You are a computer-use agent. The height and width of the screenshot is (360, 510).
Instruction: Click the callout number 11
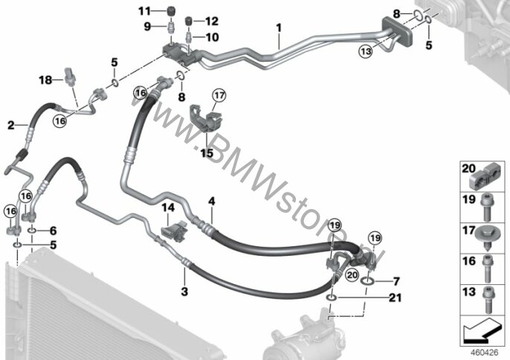[144, 11]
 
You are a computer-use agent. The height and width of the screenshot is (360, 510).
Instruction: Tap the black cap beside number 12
[188, 21]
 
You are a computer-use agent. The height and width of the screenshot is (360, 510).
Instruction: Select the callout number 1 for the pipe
[279, 28]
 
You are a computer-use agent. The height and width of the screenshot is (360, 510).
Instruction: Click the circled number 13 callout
[366, 51]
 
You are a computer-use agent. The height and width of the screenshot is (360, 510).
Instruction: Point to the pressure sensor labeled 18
[70, 76]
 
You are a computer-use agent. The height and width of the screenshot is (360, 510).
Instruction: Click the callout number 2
[11, 125]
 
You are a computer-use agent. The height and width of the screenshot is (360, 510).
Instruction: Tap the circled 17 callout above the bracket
[219, 96]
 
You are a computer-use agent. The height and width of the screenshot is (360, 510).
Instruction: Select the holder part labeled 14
[174, 231]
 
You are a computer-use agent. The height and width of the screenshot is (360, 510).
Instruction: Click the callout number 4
[212, 202]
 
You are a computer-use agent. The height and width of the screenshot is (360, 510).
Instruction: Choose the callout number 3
[184, 292]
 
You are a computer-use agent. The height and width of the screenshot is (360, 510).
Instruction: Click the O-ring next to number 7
[367, 280]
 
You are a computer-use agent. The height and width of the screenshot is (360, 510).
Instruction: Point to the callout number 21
[395, 298]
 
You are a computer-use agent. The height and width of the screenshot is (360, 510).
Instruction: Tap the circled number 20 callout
[352, 275]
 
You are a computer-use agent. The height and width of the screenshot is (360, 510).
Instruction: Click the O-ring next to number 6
[32, 231]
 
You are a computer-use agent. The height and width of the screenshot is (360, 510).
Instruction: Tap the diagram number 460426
[485, 353]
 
